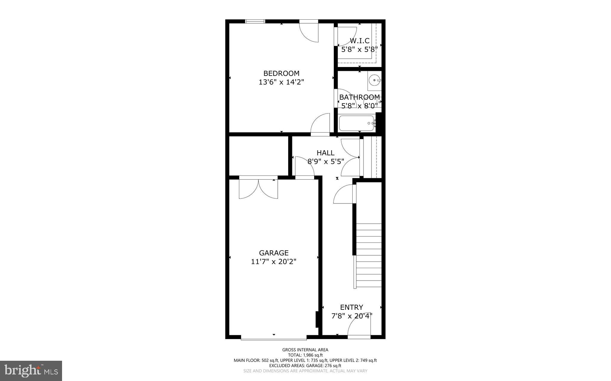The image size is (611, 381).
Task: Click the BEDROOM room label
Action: coord(281,73)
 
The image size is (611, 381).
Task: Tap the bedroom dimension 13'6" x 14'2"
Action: coord(281,82)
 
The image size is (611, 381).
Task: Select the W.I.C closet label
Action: coord(359,41)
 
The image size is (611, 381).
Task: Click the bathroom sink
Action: coord(374,80)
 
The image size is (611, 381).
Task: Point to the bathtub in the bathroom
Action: coord(357,123)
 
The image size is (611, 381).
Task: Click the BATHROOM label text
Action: coord(359,97)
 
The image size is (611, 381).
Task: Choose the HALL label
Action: coord(325,153)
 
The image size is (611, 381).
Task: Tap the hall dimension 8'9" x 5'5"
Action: coord(325,161)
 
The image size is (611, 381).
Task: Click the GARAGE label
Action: coord(274,253)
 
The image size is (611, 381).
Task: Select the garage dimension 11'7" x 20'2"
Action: coord(274,262)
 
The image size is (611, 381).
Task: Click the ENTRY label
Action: coord(351,307)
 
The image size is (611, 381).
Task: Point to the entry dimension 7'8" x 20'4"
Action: coord(352,316)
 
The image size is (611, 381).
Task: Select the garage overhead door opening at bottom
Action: coord(274,338)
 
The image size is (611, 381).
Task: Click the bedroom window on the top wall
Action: coord(255,21)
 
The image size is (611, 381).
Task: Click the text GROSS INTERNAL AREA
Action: coord(305,350)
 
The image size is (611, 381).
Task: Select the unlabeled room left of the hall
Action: coord(258,156)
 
